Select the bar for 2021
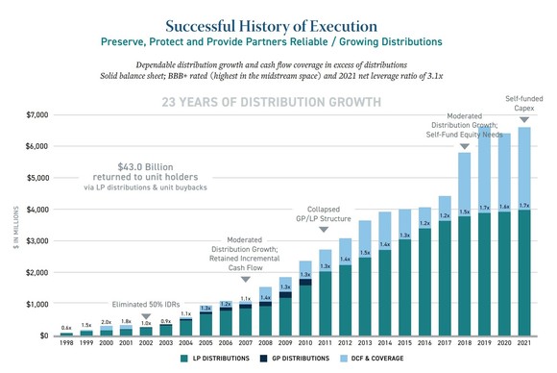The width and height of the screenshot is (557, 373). pyautogui.click(x=523, y=250)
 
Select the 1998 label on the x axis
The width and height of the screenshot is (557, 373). pyautogui.click(x=66, y=342)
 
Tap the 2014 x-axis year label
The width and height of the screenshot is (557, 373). pyautogui.click(x=384, y=342)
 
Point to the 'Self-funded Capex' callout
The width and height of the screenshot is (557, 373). pyautogui.click(x=523, y=104)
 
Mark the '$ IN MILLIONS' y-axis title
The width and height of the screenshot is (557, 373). pyautogui.click(x=14, y=227)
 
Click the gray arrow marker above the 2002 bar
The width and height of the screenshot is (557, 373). pyautogui.click(x=146, y=315)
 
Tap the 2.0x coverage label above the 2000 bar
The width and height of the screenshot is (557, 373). pyautogui.click(x=106, y=322)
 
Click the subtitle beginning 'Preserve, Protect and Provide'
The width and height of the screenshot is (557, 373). pyautogui.click(x=278, y=42)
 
